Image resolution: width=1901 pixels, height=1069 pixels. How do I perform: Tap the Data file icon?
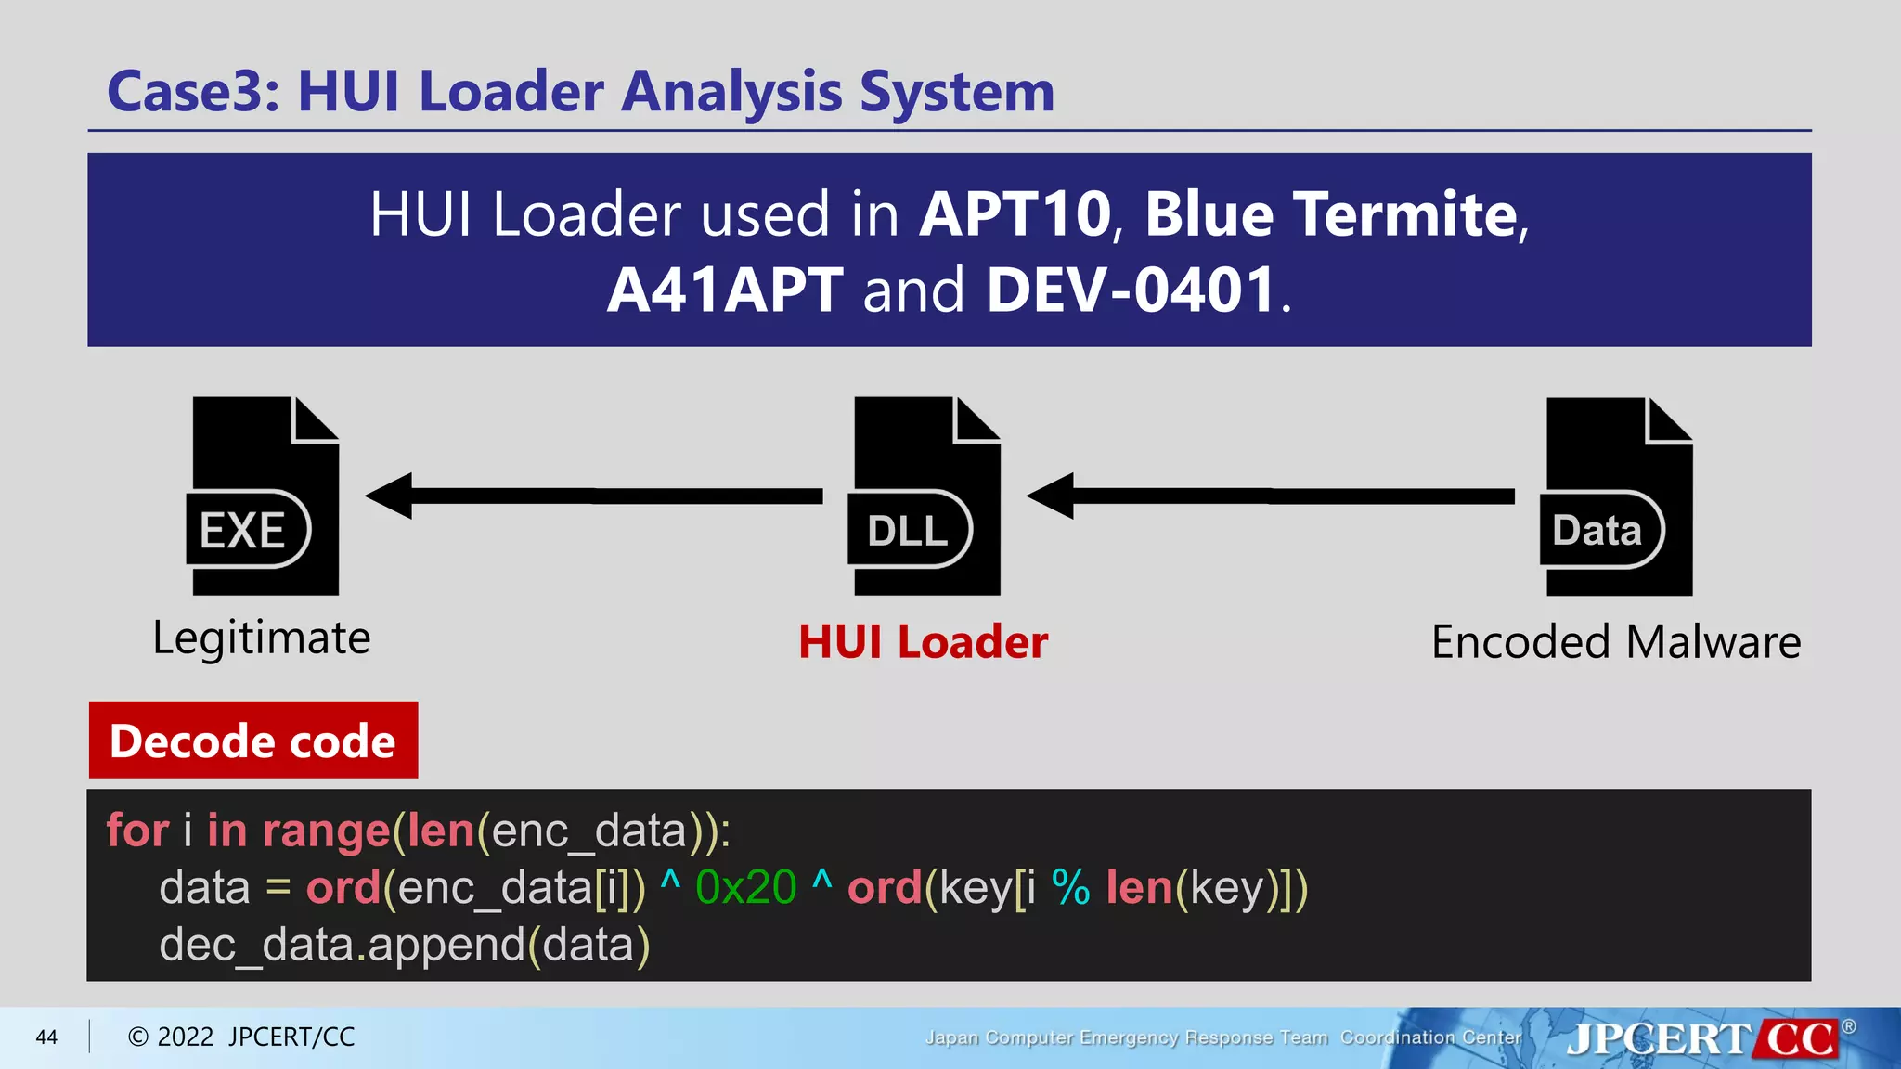1617,496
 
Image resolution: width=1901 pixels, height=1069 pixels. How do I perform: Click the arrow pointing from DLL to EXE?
594,496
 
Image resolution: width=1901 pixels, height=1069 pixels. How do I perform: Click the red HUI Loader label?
923,642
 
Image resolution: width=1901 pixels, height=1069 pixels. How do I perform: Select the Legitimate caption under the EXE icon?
262,638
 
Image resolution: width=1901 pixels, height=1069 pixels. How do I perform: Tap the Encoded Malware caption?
1616,642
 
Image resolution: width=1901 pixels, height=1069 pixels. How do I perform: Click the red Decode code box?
253,741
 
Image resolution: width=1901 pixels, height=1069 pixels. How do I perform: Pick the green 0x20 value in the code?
745,887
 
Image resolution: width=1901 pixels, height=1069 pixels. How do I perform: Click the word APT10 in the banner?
1015,214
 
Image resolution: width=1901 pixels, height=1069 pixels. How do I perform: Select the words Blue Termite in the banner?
1331,214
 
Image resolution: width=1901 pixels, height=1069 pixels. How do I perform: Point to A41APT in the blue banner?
725,290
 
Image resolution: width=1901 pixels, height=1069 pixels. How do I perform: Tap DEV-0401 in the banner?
1132,290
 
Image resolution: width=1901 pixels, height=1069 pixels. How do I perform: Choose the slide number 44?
46,1037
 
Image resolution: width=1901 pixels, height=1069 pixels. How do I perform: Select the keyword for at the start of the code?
137,830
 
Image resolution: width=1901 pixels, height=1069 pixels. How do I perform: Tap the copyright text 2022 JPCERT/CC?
241,1037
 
